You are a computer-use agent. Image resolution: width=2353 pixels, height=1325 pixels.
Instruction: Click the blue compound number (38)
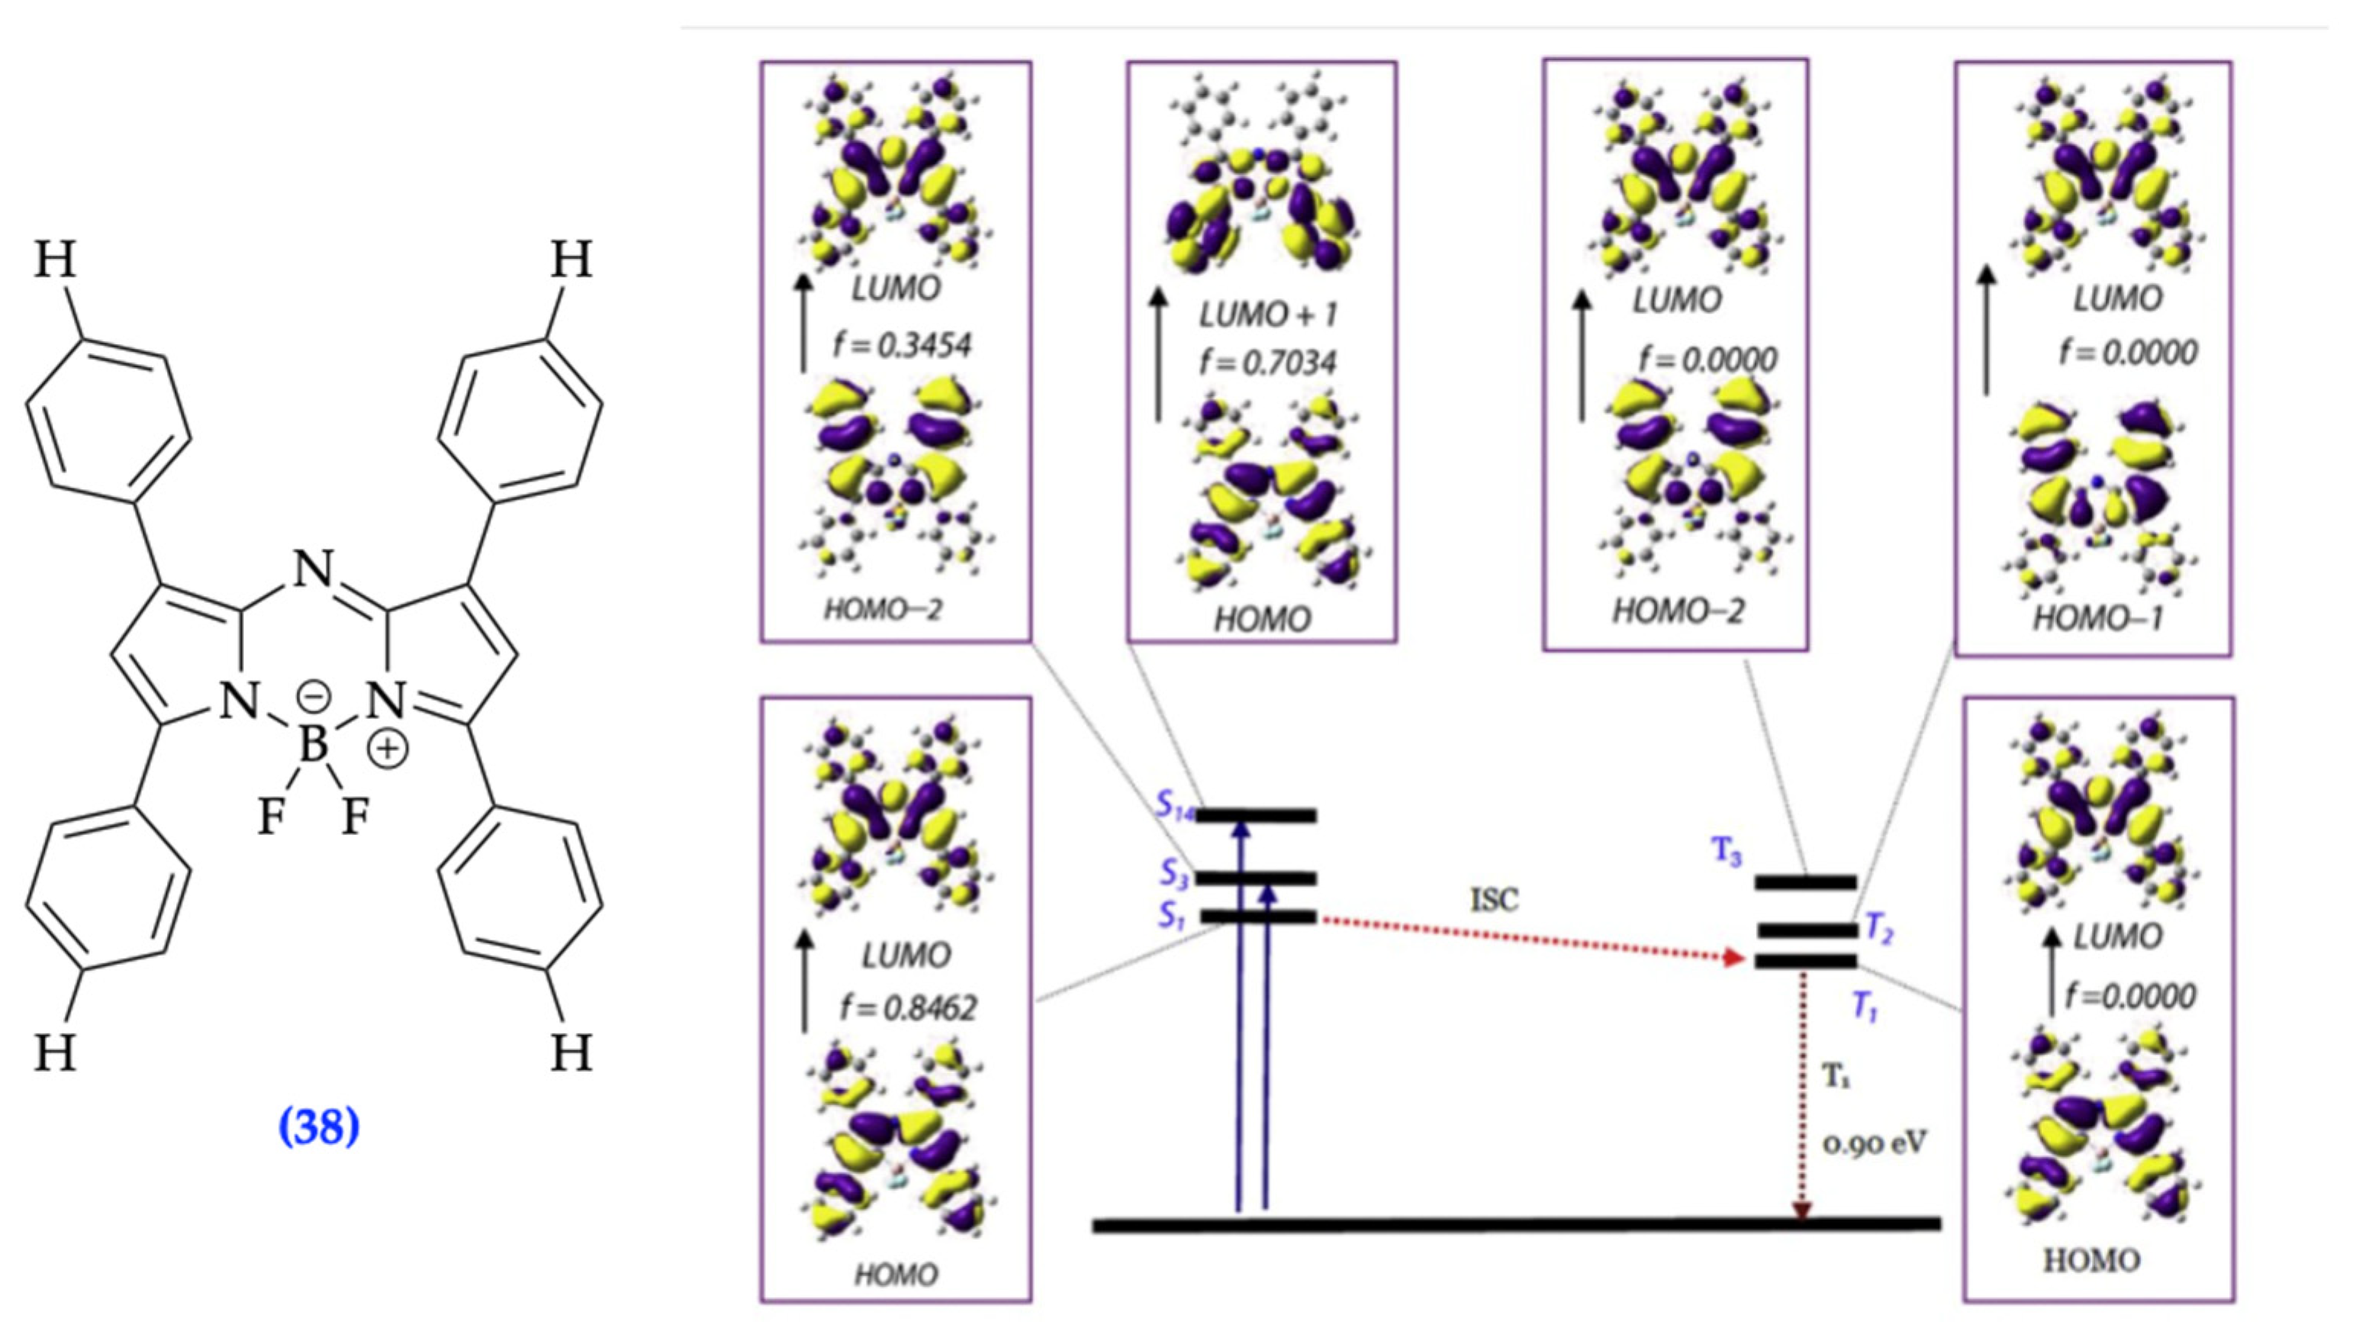click(x=319, y=1127)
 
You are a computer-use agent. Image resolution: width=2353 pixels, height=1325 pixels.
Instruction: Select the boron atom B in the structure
click(x=314, y=745)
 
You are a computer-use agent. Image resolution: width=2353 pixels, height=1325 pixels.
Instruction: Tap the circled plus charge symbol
click(x=388, y=749)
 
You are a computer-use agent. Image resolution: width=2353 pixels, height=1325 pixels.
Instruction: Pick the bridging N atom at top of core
click(x=314, y=570)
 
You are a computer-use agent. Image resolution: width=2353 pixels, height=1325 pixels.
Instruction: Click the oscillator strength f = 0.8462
click(x=908, y=1008)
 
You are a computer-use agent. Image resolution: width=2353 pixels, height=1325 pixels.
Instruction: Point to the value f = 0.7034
click(x=1268, y=363)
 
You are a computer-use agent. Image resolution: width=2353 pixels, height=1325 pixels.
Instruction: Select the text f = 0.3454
click(x=902, y=346)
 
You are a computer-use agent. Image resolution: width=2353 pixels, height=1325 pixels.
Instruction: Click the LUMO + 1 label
click(x=1267, y=315)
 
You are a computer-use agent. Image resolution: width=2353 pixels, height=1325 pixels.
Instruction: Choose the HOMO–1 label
click(x=2097, y=619)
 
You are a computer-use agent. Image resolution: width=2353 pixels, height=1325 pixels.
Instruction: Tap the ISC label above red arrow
click(x=1495, y=900)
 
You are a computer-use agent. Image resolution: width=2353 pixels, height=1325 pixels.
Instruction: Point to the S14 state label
click(x=1176, y=806)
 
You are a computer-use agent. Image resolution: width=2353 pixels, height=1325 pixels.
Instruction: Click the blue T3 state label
click(x=1727, y=853)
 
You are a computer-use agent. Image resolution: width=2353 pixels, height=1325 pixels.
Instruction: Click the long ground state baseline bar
click(x=1516, y=1224)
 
